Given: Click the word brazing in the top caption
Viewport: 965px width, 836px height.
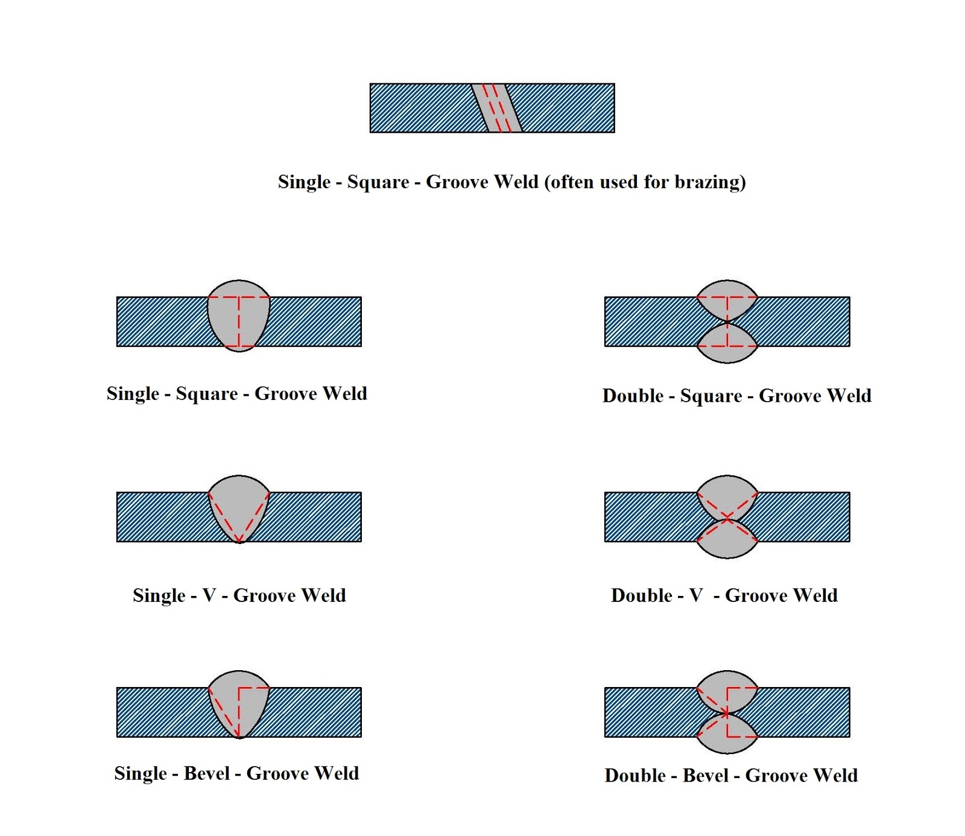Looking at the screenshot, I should pos(709,182).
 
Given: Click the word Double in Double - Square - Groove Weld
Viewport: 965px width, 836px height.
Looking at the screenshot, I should pos(633,396).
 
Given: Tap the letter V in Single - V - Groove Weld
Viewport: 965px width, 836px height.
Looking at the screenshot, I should pos(209,595).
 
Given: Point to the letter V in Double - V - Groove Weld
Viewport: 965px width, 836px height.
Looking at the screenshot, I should pos(696,595).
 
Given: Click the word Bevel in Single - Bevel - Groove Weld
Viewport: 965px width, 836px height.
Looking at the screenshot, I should pos(207,773).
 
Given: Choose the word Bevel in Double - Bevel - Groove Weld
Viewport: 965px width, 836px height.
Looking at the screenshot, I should pos(705,775).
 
